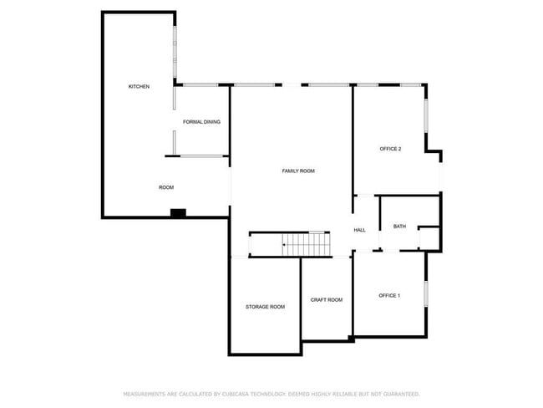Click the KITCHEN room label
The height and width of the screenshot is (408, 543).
pyautogui.click(x=139, y=87)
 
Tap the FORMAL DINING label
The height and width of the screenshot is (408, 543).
pyautogui.click(x=201, y=122)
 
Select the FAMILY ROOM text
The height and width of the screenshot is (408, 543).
pyautogui.click(x=297, y=171)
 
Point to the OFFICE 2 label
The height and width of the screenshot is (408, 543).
pyautogui.click(x=390, y=149)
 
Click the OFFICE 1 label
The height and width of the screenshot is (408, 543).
pyautogui.click(x=389, y=295)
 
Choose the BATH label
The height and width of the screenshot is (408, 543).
pyautogui.click(x=399, y=226)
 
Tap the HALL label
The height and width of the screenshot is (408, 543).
pyautogui.click(x=359, y=230)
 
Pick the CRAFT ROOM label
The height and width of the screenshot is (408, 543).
pyautogui.click(x=326, y=299)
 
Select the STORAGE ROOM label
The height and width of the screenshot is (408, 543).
pyautogui.click(x=265, y=307)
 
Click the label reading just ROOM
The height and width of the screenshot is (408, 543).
pyautogui.click(x=166, y=187)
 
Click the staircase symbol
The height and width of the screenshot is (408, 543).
pyautogui.click(x=307, y=244)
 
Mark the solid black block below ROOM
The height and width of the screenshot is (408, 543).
pyautogui.click(x=177, y=213)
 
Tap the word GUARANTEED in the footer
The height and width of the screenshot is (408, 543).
pyautogui.click(x=399, y=393)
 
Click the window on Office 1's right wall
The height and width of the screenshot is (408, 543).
pyautogui.click(x=427, y=294)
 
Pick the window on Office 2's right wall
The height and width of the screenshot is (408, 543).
pyautogui.click(x=427, y=117)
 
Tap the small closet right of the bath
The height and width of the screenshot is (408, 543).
pyautogui.click(x=429, y=237)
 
